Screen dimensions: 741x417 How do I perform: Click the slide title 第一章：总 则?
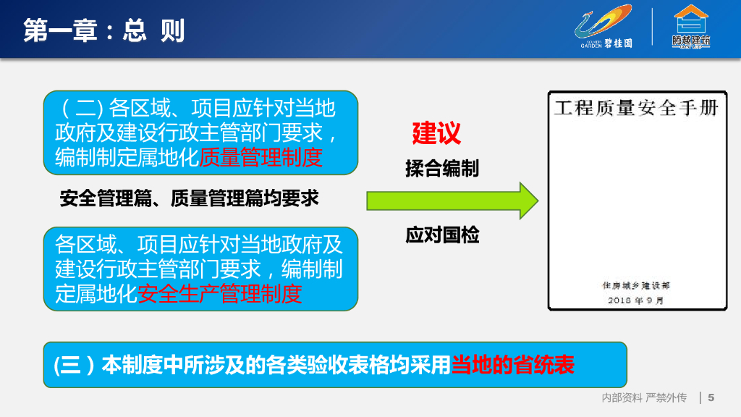pos(103,30)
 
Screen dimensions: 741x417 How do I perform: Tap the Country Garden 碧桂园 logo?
pos(604,27)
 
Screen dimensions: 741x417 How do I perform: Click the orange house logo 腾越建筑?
pos(691,27)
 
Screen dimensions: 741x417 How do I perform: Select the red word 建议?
pos(436,133)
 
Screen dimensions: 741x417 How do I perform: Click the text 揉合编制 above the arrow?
pos(442,168)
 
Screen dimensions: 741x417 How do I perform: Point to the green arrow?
pos(452,201)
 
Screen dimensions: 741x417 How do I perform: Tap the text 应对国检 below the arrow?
pos(442,235)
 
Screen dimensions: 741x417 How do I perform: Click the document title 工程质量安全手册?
pos(637,108)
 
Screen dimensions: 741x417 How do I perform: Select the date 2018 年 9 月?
pos(636,300)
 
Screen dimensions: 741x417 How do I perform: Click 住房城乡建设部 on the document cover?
pos(636,285)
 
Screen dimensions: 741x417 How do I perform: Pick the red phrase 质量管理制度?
pos(261,157)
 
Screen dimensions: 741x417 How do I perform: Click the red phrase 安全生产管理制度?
pos(220,294)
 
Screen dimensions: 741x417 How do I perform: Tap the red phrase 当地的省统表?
pos(513,365)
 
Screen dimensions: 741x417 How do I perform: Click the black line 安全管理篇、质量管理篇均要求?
pos(189,198)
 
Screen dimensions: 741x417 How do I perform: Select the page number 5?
pos(711,397)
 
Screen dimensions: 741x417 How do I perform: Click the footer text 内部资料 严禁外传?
pos(644,397)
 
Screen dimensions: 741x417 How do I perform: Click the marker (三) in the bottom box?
pos(75,365)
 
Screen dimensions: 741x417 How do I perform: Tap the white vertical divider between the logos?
pos(652,27)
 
